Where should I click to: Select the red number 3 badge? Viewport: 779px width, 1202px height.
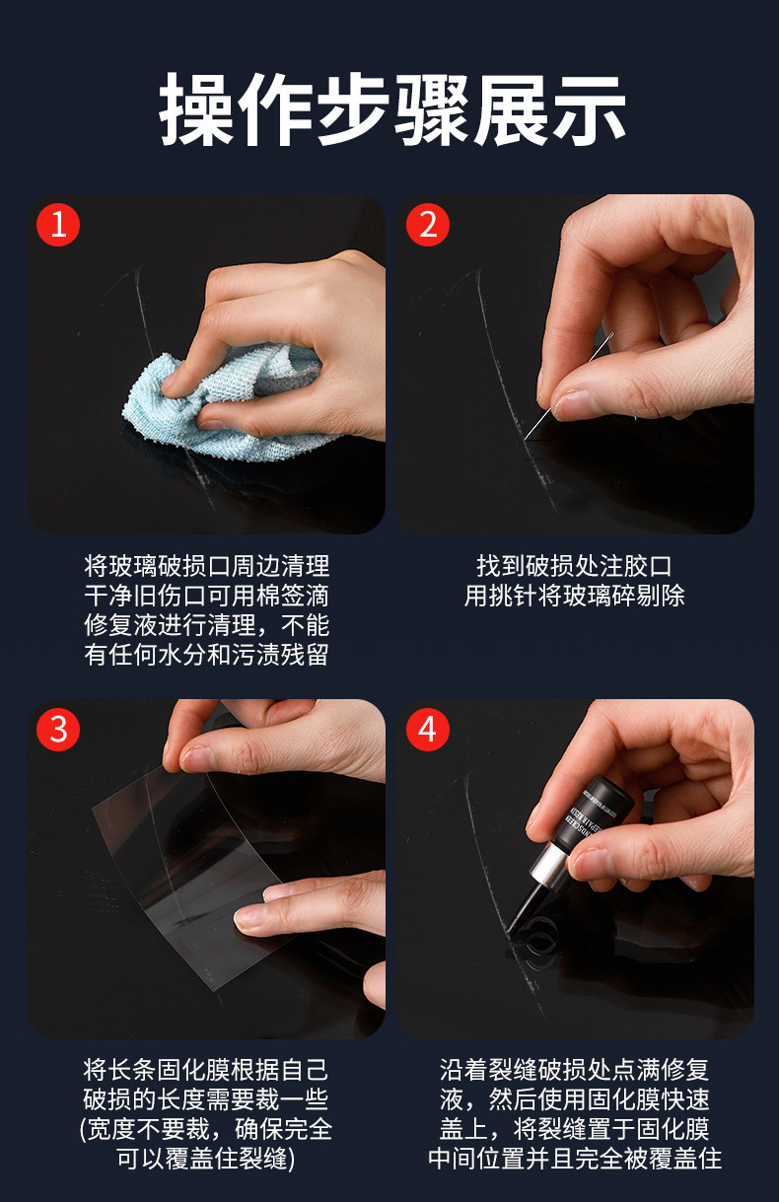pos(58,730)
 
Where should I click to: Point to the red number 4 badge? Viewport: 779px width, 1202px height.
pos(428,730)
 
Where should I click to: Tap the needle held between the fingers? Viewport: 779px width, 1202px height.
pos(569,387)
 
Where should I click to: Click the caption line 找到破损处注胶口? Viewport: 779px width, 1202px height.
pos(574,566)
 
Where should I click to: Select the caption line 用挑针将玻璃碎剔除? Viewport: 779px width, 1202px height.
pos(574,596)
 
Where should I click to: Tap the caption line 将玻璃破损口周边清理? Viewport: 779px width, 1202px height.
pos(206,566)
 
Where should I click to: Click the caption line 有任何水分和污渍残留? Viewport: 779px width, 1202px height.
pos(206,655)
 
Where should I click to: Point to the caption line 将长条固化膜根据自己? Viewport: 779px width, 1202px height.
pos(206,1071)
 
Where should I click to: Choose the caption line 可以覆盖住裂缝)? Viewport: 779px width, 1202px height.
pos(206,1159)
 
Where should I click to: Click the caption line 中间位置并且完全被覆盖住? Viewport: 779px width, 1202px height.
pos(574,1159)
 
